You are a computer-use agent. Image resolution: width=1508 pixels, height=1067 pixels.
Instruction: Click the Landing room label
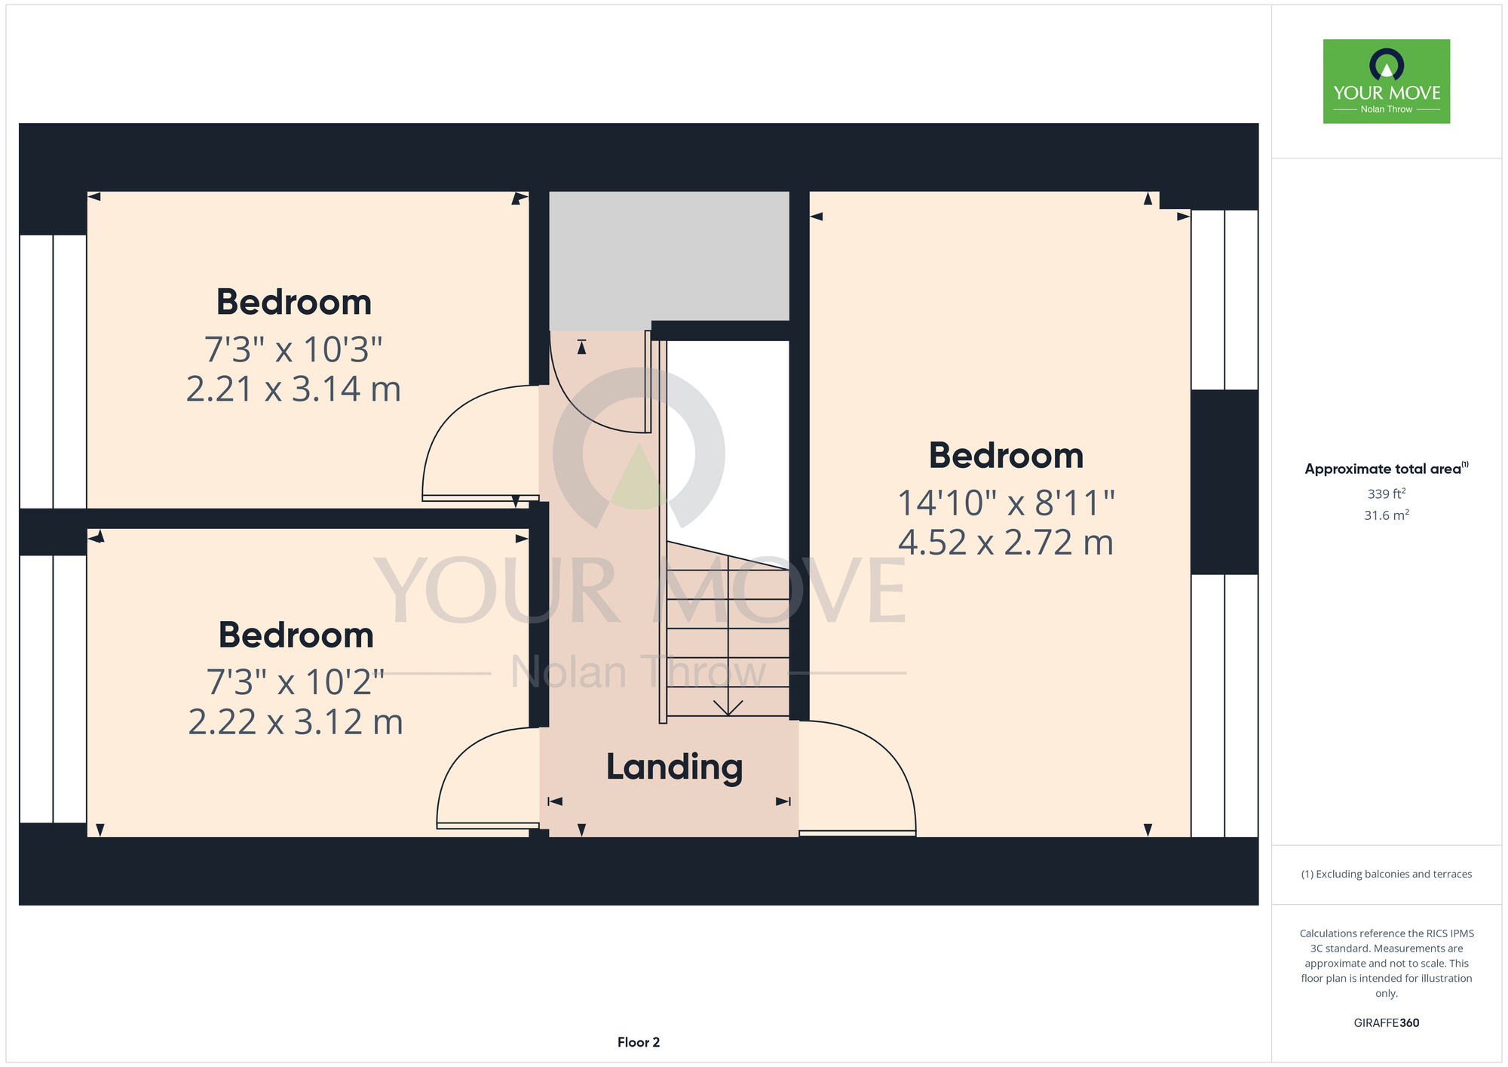coord(675,768)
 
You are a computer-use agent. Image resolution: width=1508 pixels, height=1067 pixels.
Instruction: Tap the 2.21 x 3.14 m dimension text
coord(293,389)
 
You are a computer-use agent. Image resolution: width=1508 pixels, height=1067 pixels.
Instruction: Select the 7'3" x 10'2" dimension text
coord(296,682)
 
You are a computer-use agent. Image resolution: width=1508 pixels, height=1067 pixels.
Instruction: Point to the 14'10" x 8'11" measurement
coord(1006,503)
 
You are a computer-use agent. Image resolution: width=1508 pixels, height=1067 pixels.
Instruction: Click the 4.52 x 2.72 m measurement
coord(1006,543)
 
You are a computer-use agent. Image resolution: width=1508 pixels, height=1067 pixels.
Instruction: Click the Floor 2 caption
coord(639,1042)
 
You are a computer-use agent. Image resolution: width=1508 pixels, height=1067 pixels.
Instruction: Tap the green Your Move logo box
coord(1387,81)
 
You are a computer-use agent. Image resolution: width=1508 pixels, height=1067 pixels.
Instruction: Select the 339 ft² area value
coord(1387,494)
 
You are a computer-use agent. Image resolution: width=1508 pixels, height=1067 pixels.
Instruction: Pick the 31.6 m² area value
coord(1387,515)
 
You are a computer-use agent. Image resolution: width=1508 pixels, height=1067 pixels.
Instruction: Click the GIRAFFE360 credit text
coord(1387,1023)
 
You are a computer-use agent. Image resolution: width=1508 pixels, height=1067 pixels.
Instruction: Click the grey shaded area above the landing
coord(669,257)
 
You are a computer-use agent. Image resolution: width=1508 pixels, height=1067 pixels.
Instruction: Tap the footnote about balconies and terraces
coord(1387,874)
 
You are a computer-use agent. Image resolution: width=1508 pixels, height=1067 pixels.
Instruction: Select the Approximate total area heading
coord(1387,469)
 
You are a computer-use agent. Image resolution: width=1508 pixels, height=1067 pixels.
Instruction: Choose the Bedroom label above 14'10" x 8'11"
coord(1006,456)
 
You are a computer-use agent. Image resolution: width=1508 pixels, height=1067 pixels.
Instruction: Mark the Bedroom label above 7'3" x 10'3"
coord(294,303)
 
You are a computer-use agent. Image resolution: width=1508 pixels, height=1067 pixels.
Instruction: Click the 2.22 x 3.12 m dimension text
coord(296,722)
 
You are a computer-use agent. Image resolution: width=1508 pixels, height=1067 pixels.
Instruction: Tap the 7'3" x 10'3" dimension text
coord(293,349)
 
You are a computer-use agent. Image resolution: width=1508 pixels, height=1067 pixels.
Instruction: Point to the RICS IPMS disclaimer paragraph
coord(1387,964)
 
